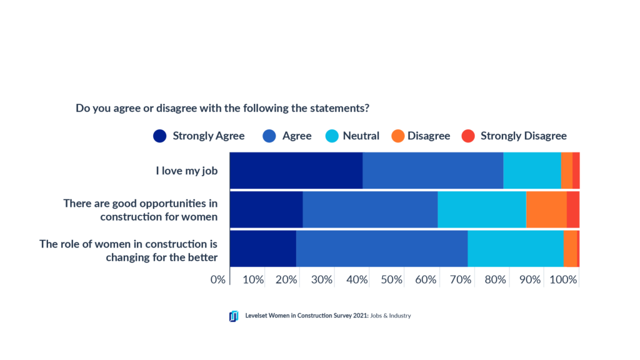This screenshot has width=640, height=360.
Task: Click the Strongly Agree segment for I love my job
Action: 296,170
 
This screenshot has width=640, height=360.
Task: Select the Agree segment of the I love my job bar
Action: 432,170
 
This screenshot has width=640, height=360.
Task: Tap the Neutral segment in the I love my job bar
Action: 532,170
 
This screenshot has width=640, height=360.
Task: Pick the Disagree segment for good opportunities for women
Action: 546,209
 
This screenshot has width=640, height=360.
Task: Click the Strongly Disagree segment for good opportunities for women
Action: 572,209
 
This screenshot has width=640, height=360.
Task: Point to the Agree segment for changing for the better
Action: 381,249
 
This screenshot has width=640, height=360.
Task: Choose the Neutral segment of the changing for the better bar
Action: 515,249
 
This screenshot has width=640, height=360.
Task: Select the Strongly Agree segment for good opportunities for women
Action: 266,209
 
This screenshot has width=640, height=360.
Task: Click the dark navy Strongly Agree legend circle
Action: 160,136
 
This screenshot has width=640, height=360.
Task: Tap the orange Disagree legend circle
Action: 397,136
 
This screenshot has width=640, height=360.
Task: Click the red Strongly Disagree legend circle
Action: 468,136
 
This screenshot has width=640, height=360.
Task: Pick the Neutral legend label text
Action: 361,136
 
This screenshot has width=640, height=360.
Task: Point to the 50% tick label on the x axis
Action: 391,279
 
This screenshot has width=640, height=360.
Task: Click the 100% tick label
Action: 563,279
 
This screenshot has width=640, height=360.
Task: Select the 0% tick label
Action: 217,279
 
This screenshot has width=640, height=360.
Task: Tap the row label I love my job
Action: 186,170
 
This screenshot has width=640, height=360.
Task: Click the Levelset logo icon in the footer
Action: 234,316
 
